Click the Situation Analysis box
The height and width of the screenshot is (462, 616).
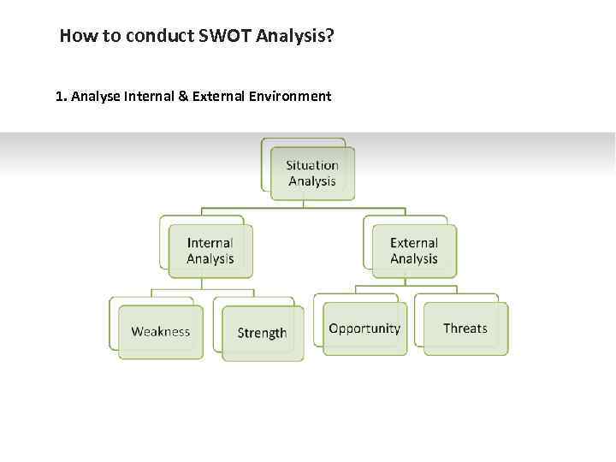click(312, 174)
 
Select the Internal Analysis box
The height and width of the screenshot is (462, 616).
click(210, 252)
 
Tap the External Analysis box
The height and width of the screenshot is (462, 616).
click(414, 252)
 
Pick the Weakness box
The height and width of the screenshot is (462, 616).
click(161, 332)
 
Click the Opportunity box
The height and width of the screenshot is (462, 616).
click(364, 329)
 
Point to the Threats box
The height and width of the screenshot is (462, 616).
click(465, 329)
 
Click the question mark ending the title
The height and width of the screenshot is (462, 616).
click(329, 36)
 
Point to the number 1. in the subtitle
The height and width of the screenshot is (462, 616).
click(61, 97)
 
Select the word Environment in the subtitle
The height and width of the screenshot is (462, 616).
click(289, 97)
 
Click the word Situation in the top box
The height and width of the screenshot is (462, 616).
click(312, 165)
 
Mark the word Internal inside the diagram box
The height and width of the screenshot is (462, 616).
click(210, 243)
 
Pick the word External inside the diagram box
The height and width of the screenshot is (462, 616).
click(414, 243)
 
